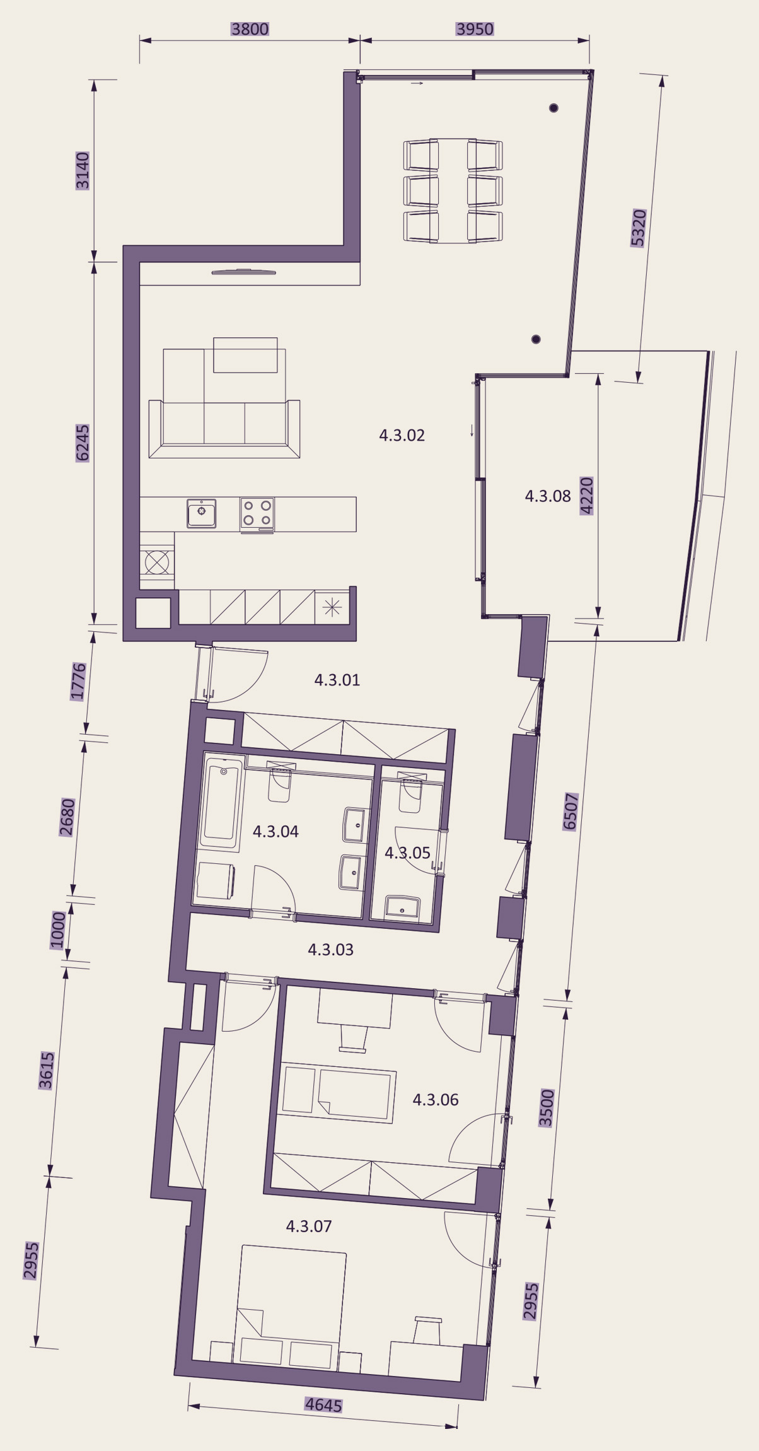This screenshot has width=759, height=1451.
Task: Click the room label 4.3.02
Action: click(402, 435)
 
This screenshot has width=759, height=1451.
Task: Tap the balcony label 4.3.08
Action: click(548, 496)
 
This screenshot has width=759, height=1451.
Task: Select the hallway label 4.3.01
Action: click(337, 680)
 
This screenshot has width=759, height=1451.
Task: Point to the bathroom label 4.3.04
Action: click(275, 831)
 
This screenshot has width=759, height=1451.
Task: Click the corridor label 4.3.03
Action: click(330, 949)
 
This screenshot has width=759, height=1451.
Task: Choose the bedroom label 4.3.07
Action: click(309, 1226)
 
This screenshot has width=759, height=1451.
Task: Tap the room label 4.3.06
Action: click(436, 1100)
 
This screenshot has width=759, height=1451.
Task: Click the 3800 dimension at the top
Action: click(250, 29)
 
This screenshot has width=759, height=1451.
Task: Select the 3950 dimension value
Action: click(475, 29)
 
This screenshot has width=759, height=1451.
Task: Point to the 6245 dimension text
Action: click(83, 443)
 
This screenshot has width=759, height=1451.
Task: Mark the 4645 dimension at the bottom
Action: click(323, 1405)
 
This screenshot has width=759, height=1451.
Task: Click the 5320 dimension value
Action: click(639, 228)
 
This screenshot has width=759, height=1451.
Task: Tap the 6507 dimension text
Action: click(570, 812)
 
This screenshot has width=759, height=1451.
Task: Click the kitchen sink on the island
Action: click(202, 513)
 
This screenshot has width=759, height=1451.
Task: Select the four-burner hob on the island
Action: click(257, 513)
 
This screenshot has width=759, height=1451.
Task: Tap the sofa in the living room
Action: click(224, 428)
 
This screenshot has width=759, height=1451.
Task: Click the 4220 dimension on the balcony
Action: click(586, 496)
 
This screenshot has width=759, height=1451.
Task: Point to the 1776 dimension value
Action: click(78, 681)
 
